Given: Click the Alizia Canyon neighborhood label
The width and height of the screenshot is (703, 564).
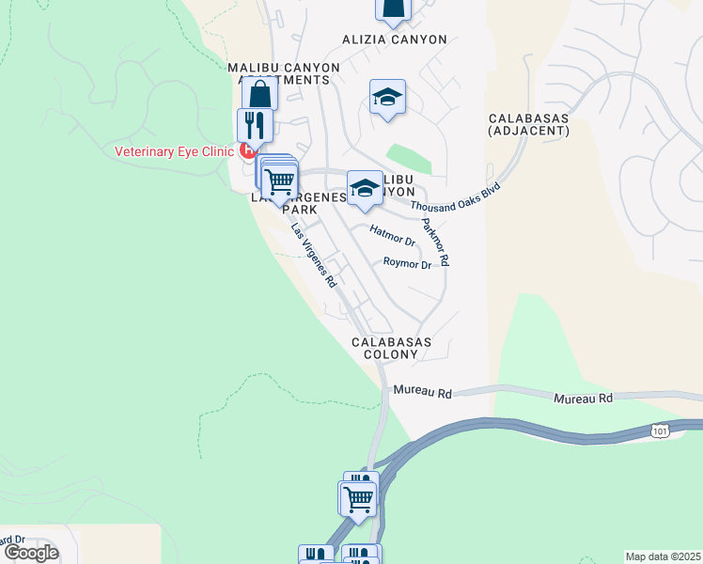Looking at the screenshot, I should point(394,40).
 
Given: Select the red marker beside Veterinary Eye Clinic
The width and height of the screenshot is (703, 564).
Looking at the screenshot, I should point(247,150).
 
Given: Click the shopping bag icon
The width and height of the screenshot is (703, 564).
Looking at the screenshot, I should point(259,94).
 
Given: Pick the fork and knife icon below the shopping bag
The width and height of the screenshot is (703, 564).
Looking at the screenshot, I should point(254,124).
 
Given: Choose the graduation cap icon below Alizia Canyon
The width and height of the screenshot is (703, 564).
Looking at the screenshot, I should point(387,97).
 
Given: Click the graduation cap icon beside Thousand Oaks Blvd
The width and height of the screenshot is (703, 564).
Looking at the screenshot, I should point(365,188).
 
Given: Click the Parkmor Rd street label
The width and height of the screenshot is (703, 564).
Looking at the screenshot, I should point(436,243).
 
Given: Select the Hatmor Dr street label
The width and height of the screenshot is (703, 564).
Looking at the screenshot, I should point(393,235).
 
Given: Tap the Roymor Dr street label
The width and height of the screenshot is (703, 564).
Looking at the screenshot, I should point(407,264).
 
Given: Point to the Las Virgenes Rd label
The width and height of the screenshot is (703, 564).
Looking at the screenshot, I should point(313,255).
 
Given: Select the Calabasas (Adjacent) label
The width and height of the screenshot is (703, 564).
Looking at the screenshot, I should point(529,125).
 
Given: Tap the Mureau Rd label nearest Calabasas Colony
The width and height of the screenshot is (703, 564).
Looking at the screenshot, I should point(423,390).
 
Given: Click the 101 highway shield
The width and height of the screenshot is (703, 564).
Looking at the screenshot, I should point(661,430).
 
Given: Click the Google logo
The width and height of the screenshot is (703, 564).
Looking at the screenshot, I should point(31,552).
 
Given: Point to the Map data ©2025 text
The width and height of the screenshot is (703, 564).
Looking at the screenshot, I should point(663,556).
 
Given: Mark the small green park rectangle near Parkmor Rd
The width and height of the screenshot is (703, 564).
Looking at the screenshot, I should point(409,159).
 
